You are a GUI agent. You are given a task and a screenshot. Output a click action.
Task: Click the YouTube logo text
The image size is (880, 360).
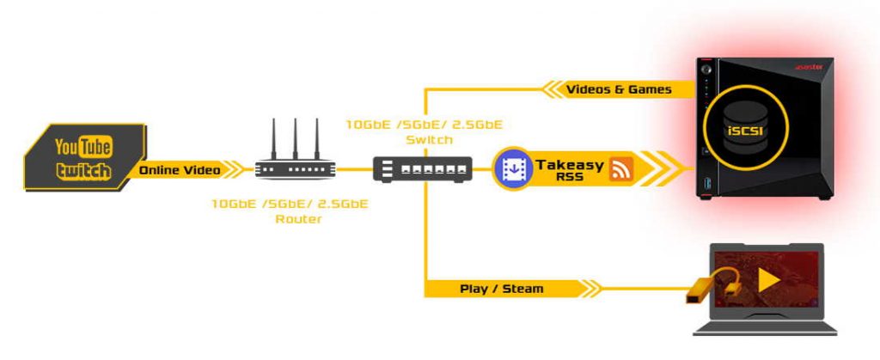[85, 147]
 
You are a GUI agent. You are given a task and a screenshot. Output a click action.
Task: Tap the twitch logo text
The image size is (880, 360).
[84, 170]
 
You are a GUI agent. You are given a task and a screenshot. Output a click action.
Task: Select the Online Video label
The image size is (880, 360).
[179, 170]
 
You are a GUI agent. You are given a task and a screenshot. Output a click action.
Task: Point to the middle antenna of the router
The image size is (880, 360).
[295, 136]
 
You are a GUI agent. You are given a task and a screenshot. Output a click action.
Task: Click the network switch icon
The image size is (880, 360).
[423, 169]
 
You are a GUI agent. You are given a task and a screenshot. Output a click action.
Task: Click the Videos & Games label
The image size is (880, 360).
[618, 88]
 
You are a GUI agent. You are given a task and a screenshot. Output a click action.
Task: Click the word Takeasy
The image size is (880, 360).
[569, 163]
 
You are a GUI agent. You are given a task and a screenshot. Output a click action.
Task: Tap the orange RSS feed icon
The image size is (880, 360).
[620, 170]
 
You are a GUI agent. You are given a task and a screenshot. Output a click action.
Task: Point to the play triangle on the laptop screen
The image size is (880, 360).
[768, 279]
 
